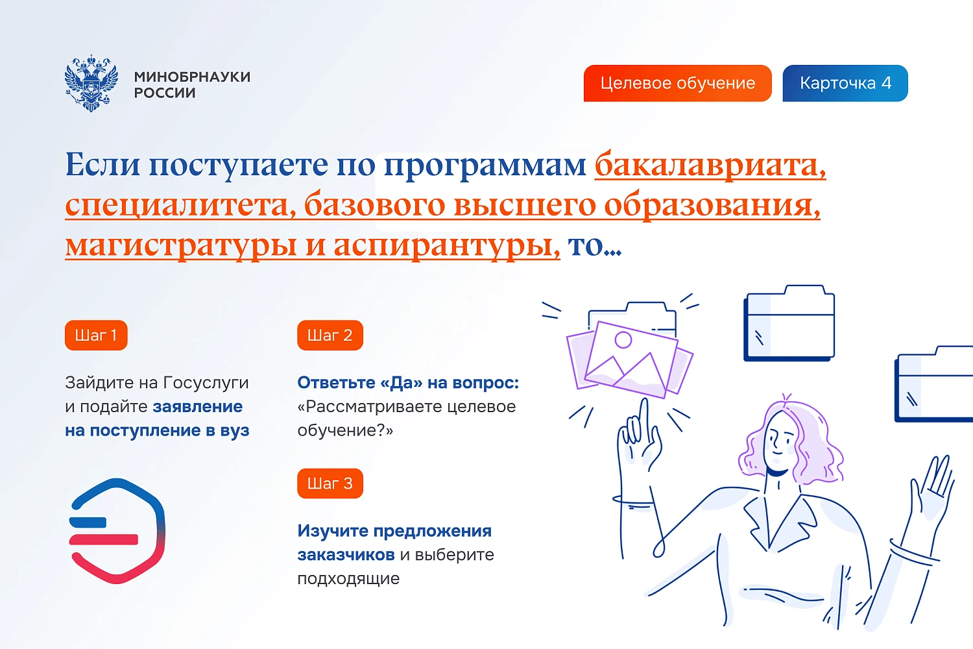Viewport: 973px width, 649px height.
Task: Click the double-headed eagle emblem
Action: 91,83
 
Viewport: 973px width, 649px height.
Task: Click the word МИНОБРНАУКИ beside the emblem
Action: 192,77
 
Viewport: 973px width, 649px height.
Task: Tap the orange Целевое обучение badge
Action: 677,83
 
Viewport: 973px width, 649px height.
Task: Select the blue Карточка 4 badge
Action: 845,83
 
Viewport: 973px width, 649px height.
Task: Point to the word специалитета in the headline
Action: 181,205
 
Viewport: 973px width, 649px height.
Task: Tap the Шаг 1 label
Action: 96,335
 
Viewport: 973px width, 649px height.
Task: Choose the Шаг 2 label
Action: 330,335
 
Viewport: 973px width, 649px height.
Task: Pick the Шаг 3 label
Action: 330,484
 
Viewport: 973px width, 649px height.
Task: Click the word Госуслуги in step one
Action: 206,383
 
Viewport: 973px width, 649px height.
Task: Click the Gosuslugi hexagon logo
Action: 117,531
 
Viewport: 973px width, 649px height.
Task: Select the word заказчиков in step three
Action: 346,555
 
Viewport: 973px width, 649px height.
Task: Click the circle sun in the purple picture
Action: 623,339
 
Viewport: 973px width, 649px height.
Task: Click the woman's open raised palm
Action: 934,487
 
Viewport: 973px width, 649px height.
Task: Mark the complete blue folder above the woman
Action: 789,323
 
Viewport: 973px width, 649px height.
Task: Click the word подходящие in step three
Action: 348,579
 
